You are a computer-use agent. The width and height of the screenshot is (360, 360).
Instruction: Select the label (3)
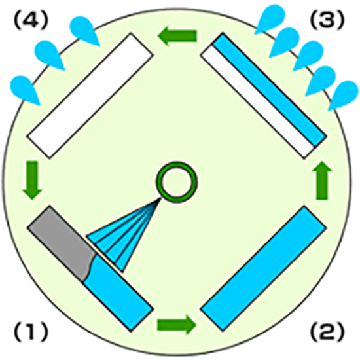(x=327, y=20)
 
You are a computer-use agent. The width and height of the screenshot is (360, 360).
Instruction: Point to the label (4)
(x=31, y=20)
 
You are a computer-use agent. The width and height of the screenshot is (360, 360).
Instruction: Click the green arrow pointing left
(x=177, y=36)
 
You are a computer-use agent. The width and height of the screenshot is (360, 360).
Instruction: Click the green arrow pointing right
(x=176, y=325)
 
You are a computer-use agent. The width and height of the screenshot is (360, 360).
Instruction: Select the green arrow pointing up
(x=322, y=181)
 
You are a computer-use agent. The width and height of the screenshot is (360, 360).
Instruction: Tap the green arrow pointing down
(x=32, y=181)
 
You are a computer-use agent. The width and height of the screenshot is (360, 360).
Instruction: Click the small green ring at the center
(x=177, y=166)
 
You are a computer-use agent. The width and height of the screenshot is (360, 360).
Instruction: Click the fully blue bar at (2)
(x=264, y=269)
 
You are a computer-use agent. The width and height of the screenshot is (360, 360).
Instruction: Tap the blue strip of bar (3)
(x=270, y=90)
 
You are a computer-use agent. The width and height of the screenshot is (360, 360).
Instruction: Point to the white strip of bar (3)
(x=258, y=101)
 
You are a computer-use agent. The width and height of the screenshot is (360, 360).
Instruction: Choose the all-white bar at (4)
(x=90, y=96)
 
